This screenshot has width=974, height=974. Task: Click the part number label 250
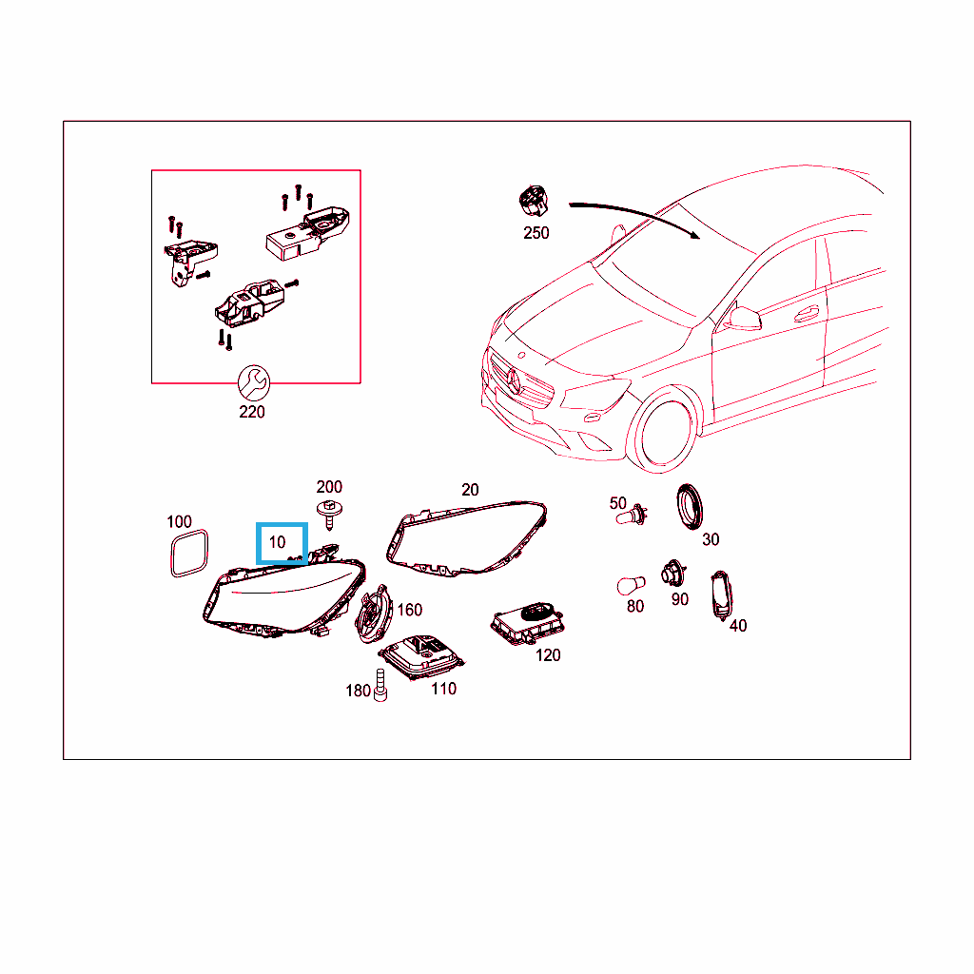536,233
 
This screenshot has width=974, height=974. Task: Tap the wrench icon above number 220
254,382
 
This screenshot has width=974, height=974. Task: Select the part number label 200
329,486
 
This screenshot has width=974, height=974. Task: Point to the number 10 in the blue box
277,542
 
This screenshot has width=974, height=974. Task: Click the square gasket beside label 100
189,553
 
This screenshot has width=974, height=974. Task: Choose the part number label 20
470,490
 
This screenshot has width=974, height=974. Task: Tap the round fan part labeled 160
373,614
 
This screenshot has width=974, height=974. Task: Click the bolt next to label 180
380,685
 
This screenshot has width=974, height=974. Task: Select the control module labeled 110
421,657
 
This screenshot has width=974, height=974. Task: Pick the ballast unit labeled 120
527,622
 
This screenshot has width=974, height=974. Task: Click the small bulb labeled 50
633,516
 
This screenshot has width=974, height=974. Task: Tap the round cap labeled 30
690,507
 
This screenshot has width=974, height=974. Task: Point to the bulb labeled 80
632,585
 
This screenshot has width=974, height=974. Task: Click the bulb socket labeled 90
673,574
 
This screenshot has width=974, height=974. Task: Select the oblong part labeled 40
721,595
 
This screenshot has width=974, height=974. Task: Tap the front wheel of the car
663,430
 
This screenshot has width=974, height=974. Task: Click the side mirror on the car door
744,318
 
